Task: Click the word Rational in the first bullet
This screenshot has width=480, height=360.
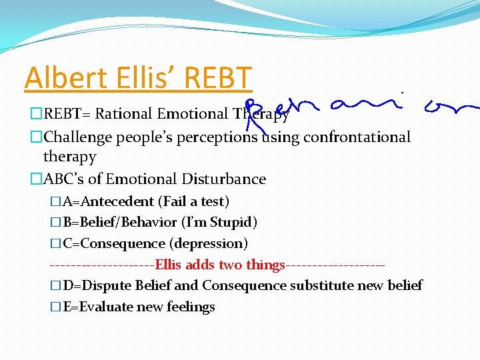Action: pos(125,114)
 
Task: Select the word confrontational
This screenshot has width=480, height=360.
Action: pos(357,137)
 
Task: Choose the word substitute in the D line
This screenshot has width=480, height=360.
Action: pos(317,285)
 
